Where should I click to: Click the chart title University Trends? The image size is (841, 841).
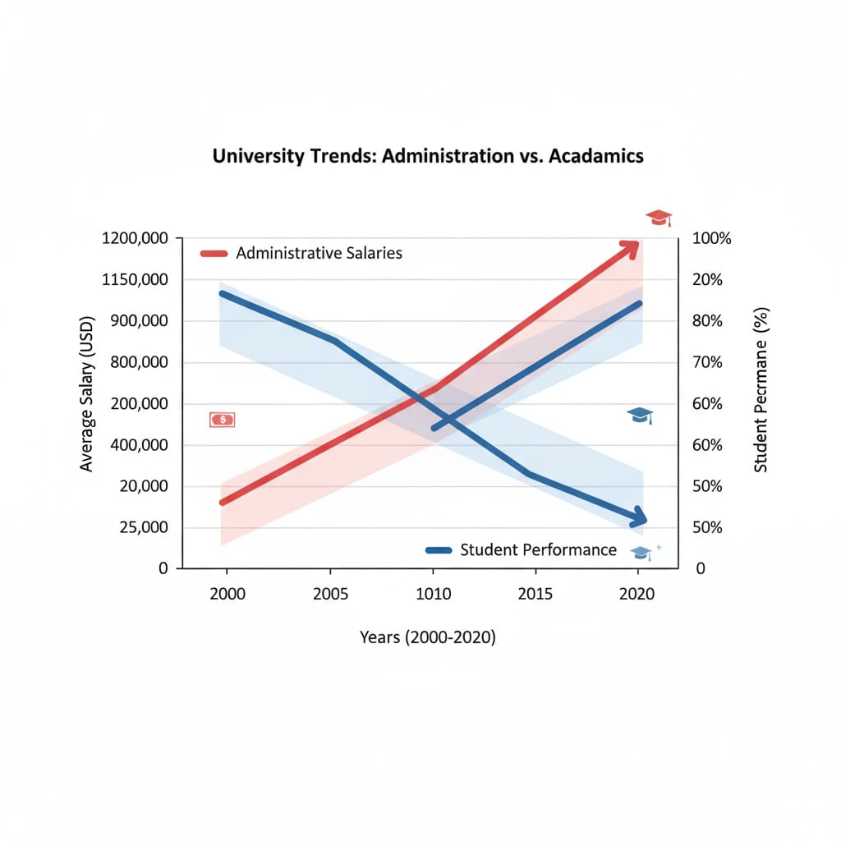[x=428, y=156]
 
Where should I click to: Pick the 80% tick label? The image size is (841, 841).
[x=706, y=321]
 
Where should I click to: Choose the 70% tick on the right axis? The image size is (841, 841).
[x=706, y=362]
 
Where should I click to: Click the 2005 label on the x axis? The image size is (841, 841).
[x=330, y=594]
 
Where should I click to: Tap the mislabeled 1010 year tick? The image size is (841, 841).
[x=433, y=594]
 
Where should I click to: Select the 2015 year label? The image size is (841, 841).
[x=535, y=594]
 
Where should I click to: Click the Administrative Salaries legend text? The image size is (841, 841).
[x=319, y=253]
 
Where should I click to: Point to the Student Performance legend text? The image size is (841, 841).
[x=538, y=549]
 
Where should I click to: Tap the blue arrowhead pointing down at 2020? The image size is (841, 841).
[x=636, y=518]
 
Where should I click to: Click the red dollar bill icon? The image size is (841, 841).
[x=222, y=420]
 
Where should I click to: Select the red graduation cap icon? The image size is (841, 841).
[x=659, y=218]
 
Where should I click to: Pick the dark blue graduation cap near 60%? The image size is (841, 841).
[x=640, y=416]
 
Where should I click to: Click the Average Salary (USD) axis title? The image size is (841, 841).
[x=88, y=393]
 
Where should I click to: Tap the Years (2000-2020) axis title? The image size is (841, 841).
[x=427, y=636]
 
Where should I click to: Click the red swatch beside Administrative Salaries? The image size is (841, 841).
[x=214, y=253]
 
